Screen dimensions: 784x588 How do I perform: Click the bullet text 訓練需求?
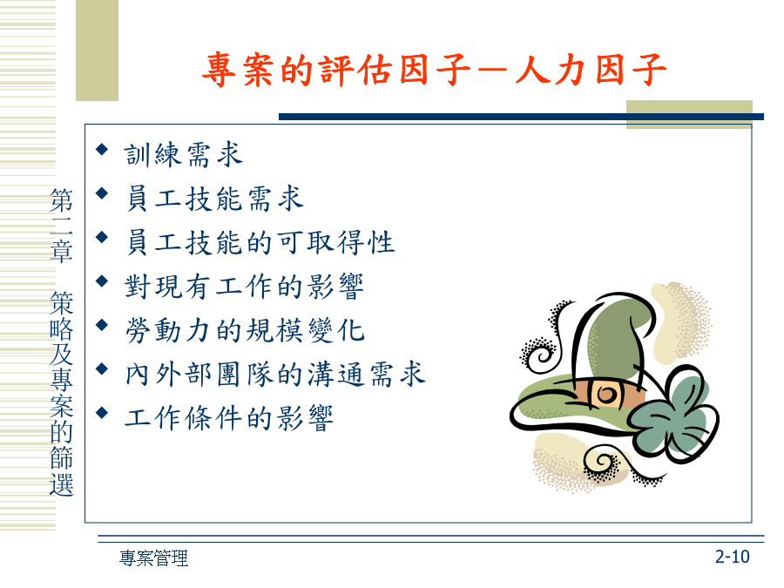point(184,154)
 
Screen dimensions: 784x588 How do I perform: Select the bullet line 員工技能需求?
point(214,198)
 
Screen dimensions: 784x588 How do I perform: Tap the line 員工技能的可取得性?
point(260,242)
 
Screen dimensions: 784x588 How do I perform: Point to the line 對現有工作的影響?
point(245,286)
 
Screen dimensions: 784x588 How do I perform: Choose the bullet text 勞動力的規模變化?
point(245,330)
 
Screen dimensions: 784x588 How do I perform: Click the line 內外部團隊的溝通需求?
point(275,374)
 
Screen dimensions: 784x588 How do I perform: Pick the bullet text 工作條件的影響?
point(229,418)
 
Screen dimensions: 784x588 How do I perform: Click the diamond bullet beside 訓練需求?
point(102,149)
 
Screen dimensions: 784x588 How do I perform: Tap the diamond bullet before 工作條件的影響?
point(102,413)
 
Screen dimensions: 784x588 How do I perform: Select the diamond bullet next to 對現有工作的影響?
point(102,281)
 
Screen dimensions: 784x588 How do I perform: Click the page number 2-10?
point(732,557)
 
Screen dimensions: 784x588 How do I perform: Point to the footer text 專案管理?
point(153,558)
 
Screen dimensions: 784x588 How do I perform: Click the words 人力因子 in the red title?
point(591,70)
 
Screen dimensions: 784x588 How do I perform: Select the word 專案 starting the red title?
point(239,70)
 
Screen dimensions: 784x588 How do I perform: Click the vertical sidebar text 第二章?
point(62,225)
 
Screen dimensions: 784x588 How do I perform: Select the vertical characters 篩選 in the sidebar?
point(62,470)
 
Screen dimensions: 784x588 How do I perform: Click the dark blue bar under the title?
point(521,117)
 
